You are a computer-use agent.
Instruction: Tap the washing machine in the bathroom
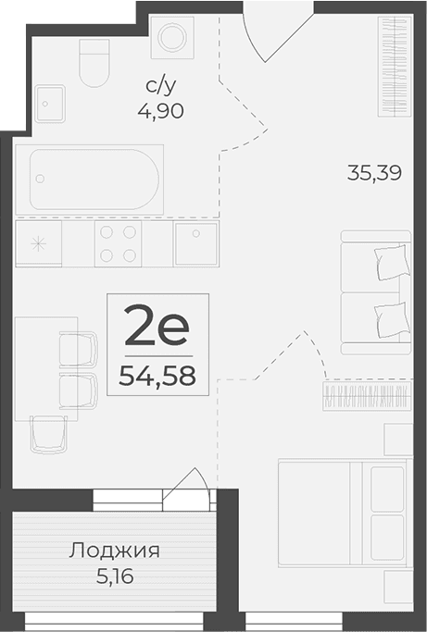(171, 38)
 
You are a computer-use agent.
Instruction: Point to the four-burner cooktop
(119, 244)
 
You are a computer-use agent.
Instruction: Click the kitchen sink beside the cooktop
(195, 243)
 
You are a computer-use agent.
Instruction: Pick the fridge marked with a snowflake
(38, 244)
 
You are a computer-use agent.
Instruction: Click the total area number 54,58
(157, 375)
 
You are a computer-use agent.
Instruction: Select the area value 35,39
(374, 172)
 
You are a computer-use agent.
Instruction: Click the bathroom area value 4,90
(164, 112)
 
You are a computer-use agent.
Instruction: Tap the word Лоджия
(115, 551)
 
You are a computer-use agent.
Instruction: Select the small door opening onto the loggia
(188, 488)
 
